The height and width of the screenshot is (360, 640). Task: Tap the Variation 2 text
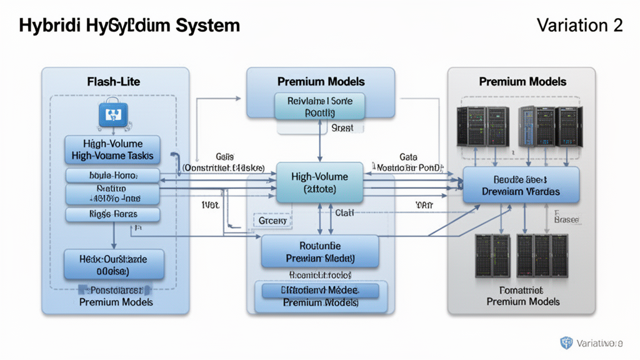[x=579, y=26]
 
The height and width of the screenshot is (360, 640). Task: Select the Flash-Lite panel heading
[x=114, y=81]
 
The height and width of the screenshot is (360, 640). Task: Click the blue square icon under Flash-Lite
[x=113, y=116]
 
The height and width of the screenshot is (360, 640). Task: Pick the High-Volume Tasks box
[x=112, y=150]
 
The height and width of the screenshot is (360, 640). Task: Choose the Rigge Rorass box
[x=112, y=214]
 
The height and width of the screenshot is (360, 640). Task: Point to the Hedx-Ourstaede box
[x=114, y=264]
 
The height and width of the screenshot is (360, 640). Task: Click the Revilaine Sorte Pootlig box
[x=320, y=106]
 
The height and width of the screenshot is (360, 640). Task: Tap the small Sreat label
[x=342, y=127]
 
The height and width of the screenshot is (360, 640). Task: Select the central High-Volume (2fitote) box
[x=320, y=182]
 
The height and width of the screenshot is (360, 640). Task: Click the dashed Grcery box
[x=272, y=221]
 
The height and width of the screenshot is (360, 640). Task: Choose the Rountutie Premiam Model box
[x=320, y=251]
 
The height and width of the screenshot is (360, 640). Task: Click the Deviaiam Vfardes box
[x=521, y=185]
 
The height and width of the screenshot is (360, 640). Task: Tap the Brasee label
[x=567, y=220]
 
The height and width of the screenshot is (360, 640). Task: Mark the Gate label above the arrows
[x=408, y=157]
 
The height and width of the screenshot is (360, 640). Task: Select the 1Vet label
[x=209, y=204]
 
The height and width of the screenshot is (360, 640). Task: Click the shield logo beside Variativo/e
[x=567, y=342]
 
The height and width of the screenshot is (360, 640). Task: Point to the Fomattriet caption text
[x=522, y=291]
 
